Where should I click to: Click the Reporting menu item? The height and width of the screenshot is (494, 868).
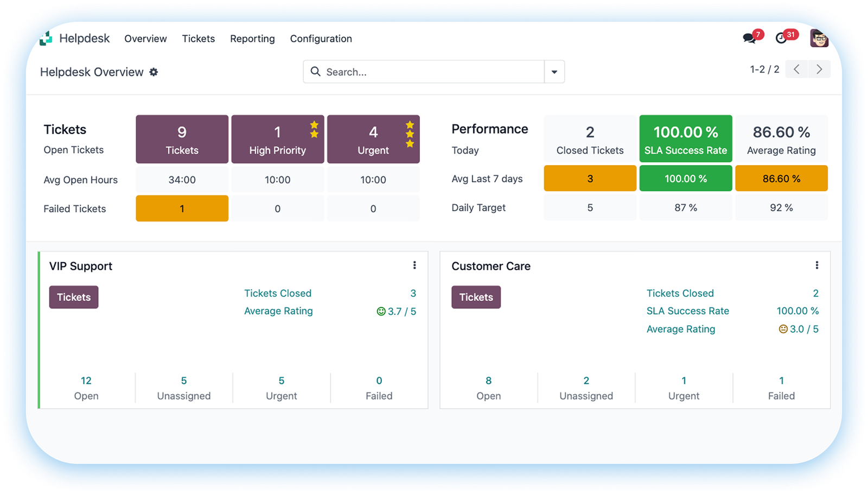pos(252,39)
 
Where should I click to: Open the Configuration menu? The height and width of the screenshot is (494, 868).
pos(321,39)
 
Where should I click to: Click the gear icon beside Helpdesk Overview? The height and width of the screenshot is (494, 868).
pos(154,72)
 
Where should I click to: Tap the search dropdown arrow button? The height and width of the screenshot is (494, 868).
pos(554,72)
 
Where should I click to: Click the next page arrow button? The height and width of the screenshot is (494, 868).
pos(819,69)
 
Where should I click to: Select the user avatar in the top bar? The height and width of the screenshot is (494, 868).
pos(819,39)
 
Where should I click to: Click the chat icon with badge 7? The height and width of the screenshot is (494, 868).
pos(749,38)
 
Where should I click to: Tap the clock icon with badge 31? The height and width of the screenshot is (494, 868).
pos(781,38)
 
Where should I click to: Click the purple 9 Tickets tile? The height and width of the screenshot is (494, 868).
pos(182,139)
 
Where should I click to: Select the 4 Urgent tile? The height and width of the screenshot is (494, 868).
pos(373,139)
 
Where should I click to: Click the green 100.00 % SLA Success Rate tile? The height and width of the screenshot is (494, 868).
pos(686,139)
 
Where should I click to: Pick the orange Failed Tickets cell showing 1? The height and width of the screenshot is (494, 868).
pos(182,208)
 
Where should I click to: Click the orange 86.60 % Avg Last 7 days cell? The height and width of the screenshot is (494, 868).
pos(781,179)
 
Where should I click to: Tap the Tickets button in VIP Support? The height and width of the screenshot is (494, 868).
pos(74,297)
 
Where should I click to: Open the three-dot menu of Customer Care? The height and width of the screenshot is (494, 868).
pos(816,265)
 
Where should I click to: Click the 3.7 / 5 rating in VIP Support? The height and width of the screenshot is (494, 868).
pos(397,312)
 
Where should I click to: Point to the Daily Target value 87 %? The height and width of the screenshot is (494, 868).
pos(686,208)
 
